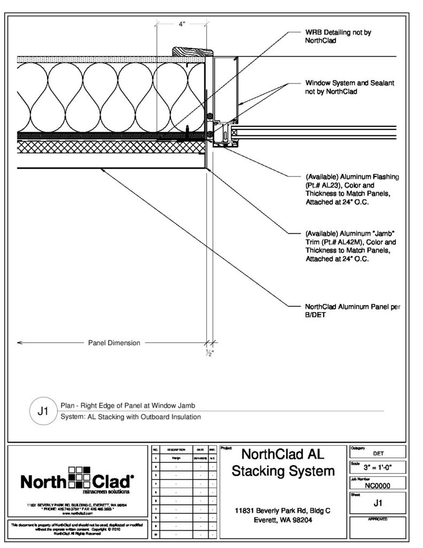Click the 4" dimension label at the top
(x=181, y=24)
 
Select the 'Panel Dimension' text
(x=114, y=343)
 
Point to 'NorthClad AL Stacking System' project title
(x=283, y=463)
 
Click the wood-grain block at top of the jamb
(x=193, y=51)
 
